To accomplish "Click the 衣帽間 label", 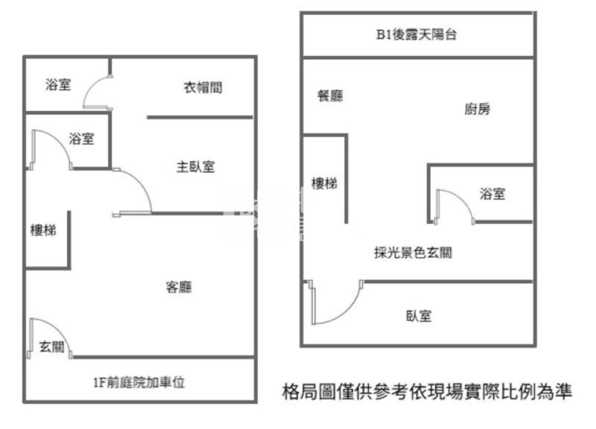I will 203,87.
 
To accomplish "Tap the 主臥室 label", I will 195,167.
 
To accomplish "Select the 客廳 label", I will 178,287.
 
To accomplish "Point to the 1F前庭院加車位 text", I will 139,383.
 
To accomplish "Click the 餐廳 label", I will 330,95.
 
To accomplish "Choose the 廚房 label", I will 478,109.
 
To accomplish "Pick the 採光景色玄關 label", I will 413,252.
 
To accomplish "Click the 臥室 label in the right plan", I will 419,316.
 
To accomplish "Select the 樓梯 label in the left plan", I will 42,229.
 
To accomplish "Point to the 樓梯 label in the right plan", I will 324,183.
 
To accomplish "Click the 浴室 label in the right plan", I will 492,194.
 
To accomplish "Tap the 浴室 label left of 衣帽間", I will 58,85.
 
